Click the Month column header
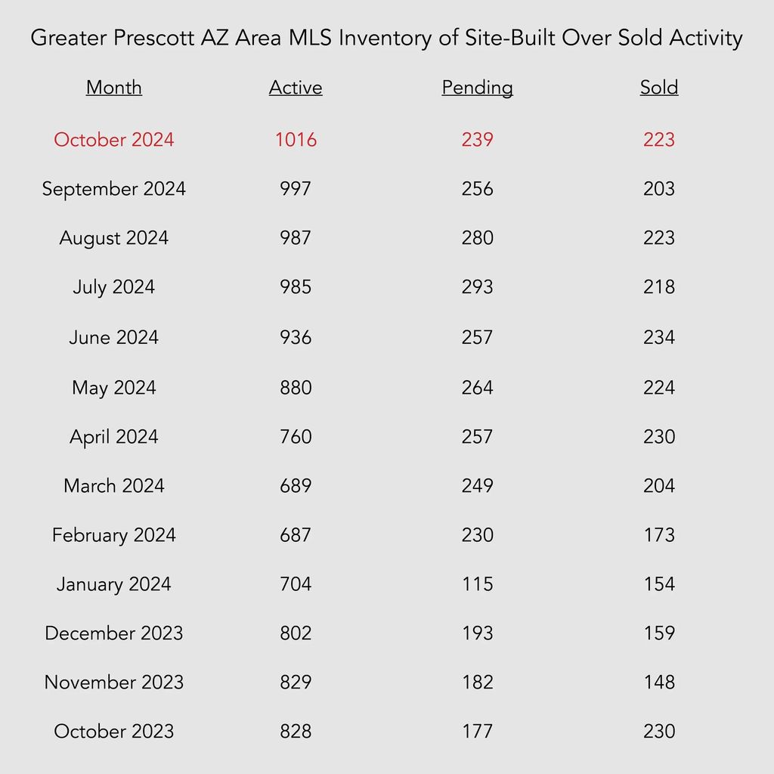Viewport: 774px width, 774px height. (x=114, y=88)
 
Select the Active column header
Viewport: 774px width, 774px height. (x=296, y=88)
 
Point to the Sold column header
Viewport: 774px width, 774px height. (x=659, y=88)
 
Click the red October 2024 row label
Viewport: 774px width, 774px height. (x=114, y=140)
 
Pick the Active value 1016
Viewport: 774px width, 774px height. (x=296, y=140)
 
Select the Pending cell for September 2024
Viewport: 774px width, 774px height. (x=478, y=188)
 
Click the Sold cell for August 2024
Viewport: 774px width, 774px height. (x=659, y=238)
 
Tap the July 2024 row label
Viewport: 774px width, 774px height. (x=114, y=287)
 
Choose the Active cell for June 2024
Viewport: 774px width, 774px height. (x=296, y=338)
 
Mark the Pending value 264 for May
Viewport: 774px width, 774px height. (x=478, y=388)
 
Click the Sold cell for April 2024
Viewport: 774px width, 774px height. (x=659, y=437)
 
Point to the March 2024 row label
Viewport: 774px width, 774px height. (x=114, y=486)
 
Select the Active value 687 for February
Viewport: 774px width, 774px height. (x=296, y=535)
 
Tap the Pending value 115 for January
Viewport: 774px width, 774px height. (x=478, y=584)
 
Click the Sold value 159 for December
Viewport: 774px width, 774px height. (x=659, y=633)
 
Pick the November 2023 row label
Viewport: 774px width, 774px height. (x=114, y=683)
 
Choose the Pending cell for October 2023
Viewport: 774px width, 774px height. (x=478, y=732)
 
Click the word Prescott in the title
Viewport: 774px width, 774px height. (x=154, y=38)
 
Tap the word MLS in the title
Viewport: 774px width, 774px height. (x=311, y=38)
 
